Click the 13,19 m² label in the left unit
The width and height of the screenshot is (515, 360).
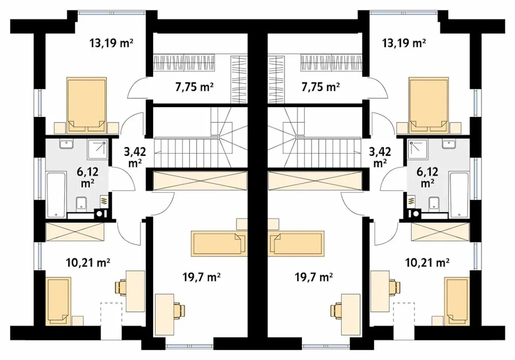pyautogui.click(x=111, y=43)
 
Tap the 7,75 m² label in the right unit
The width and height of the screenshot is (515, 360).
pyautogui.click(x=320, y=87)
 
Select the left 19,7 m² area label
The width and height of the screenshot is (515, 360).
pyautogui.click(x=202, y=277)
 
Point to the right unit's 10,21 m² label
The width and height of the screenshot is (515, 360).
pyautogui.click(x=427, y=263)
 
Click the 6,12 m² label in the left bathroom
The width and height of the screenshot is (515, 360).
pyautogui.click(x=88, y=177)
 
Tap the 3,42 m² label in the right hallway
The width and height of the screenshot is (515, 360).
pyautogui.click(x=380, y=157)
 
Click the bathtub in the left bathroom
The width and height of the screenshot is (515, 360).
pyautogui.click(x=56, y=195)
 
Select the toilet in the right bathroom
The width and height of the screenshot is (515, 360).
pyautogui.click(x=434, y=204)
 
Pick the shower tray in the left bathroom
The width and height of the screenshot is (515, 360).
pyautogui.click(x=97, y=149)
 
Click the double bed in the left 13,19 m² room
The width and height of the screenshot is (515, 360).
pyautogui.click(x=87, y=105)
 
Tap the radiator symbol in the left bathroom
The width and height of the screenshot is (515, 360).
pyautogui.click(x=103, y=201)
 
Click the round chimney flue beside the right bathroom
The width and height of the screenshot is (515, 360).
pyautogui.click(x=416, y=214)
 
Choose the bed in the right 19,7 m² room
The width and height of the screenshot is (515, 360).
pyautogui.click(x=296, y=243)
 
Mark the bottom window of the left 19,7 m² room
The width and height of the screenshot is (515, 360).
pyautogui.click(x=190, y=346)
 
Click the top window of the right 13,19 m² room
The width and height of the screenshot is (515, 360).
pyautogui.click(x=404, y=12)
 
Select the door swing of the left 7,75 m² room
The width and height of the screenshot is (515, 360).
pyautogui.click(x=137, y=88)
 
